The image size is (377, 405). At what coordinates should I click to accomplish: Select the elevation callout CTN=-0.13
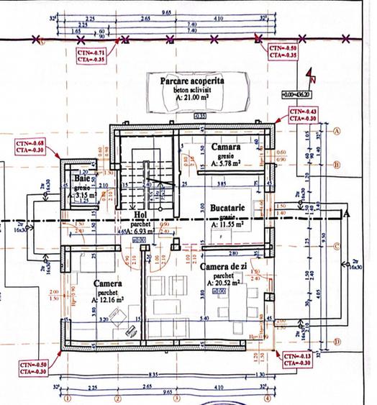click(296, 360)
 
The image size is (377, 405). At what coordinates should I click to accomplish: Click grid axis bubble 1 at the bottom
click(68, 398)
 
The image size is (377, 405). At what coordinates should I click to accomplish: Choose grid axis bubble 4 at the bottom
click(266, 398)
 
